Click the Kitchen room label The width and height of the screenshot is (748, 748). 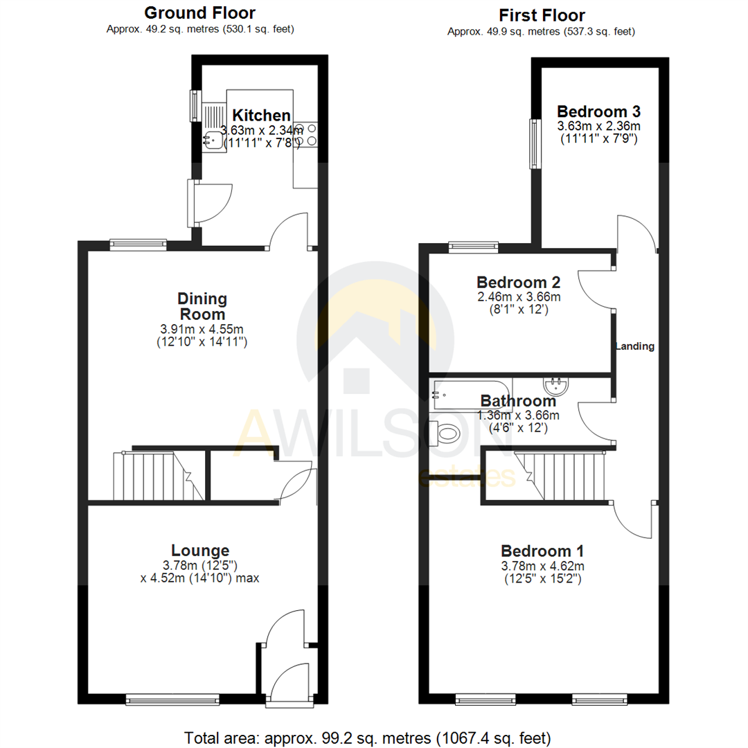pyautogui.click(x=260, y=116)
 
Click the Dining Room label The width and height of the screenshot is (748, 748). pyautogui.click(x=202, y=307)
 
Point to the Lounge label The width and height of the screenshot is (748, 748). pyautogui.click(x=200, y=551)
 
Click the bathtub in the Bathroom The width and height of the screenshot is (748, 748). pyautogui.click(x=470, y=394)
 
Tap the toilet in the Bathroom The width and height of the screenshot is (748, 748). pyautogui.click(x=445, y=434)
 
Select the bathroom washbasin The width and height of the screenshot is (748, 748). pyautogui.click(x=556, y=384)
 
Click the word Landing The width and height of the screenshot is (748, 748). pyautogui.click(x=636, y=346)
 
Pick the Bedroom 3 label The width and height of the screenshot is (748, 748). pyautogui.click(x=599, y=112)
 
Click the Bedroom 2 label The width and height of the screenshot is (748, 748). pyautogui.click(x=518, y=283)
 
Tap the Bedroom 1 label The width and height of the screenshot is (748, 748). pyautogui.click(x=542, y=551)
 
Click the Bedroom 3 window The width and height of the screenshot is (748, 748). pyautogui.click(x=533, y=143)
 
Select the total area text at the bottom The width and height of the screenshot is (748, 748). pyautogui.click(x=368, y=736)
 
